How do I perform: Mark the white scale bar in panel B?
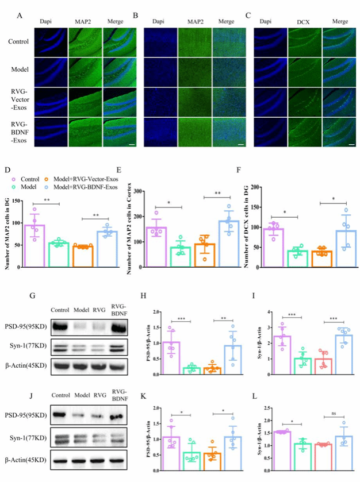click(x=240, y=145)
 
